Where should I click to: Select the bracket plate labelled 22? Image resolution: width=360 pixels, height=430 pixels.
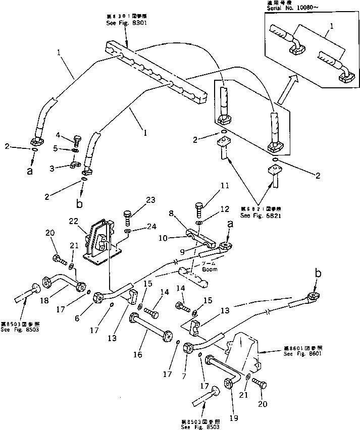(x=101, y=242)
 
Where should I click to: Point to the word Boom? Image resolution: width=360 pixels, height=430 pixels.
(x=210, y=269)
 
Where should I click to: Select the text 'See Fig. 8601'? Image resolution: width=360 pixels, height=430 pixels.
(x=299, y=354)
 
